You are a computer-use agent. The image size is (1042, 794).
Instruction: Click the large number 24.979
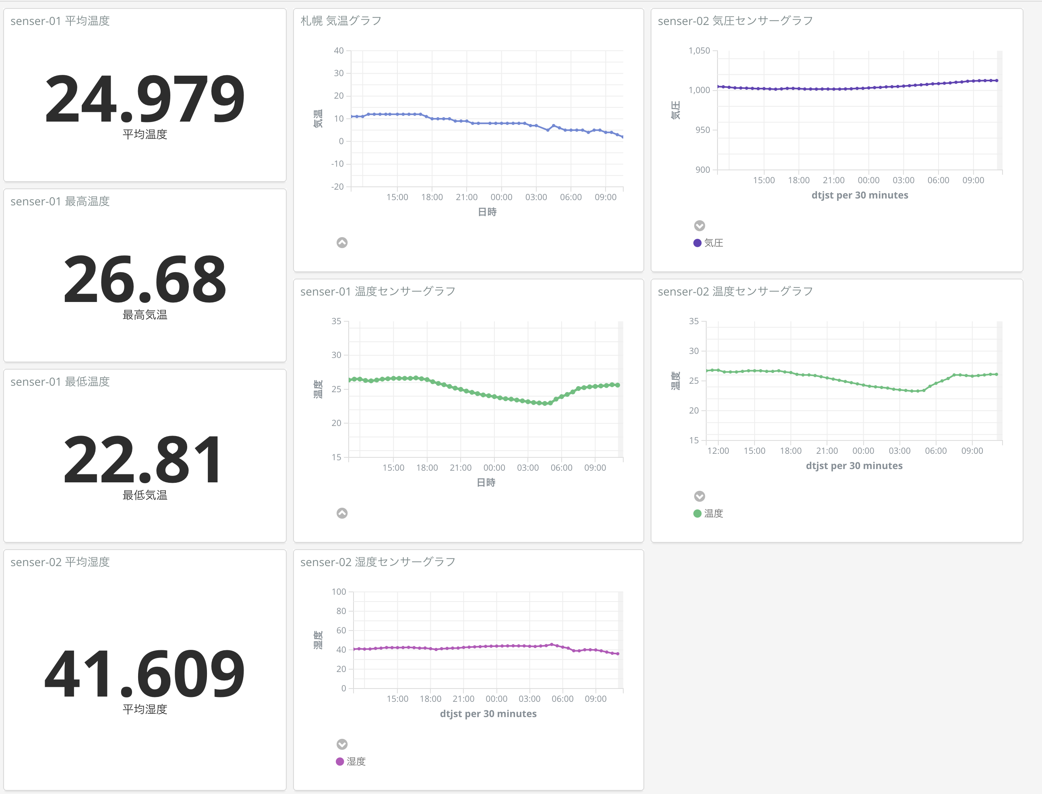[x=145, y=99]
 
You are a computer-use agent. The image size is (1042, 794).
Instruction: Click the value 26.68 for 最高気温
[x=145, y=280]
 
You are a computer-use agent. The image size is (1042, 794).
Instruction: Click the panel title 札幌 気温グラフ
[x=341, y=21]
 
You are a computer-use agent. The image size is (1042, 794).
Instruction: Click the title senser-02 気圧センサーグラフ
[x=735, y=21]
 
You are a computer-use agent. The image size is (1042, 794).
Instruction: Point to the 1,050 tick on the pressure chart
[x=699, y=51]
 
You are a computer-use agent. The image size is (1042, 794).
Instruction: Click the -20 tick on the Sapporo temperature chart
[x=337, y=187]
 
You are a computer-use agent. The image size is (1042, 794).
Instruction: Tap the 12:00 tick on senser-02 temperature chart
[x=718, y=451]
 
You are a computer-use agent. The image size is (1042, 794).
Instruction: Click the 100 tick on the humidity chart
[x=339, y=592]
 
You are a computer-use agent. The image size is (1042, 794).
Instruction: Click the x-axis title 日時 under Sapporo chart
[x=487, y=212]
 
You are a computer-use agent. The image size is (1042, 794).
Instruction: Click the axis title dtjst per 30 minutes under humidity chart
[x=488, y=713]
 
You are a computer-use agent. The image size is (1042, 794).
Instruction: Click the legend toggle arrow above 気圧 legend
[x=699, y=225]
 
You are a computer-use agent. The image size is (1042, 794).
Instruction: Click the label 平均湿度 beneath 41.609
[x=145, y=709]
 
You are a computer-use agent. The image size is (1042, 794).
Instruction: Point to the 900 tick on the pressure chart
[x=702, y=170]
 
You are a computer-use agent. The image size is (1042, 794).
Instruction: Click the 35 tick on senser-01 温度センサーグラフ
[x=336, y=321]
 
